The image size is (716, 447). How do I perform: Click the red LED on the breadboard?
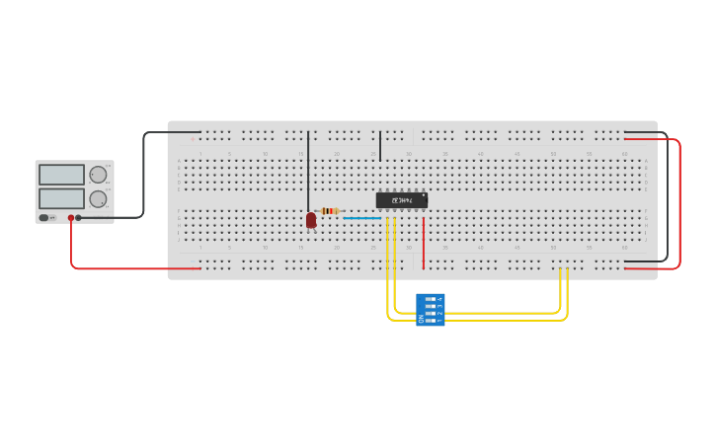[x=311, y=220]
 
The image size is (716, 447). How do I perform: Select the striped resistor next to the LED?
[x=330, y=211]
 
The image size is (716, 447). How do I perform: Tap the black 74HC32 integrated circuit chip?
[x=402, y=200]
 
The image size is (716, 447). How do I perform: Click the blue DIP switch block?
[x=431, y=309]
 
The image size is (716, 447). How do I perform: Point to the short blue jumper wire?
[x=361, y=218]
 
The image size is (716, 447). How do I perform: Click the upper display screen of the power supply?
[x=61, y=175]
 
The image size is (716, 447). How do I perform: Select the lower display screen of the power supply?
[x=61, y=198]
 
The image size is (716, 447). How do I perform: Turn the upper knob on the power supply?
[x=98, y=175]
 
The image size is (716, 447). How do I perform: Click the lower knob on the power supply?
[x=98, y=198]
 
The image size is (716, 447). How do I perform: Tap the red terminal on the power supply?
[x=71, y=218]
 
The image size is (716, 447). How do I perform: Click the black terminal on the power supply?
[x=79, y=218]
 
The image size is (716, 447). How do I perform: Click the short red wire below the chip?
[x=424, y=243]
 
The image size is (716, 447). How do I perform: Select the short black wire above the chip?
[x=380, y=146]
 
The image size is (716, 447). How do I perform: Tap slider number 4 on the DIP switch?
[x=431, y=298]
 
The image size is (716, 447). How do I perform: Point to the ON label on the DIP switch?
[x=421, y=319]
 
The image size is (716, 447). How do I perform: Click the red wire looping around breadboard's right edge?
[x=679, y=202]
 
